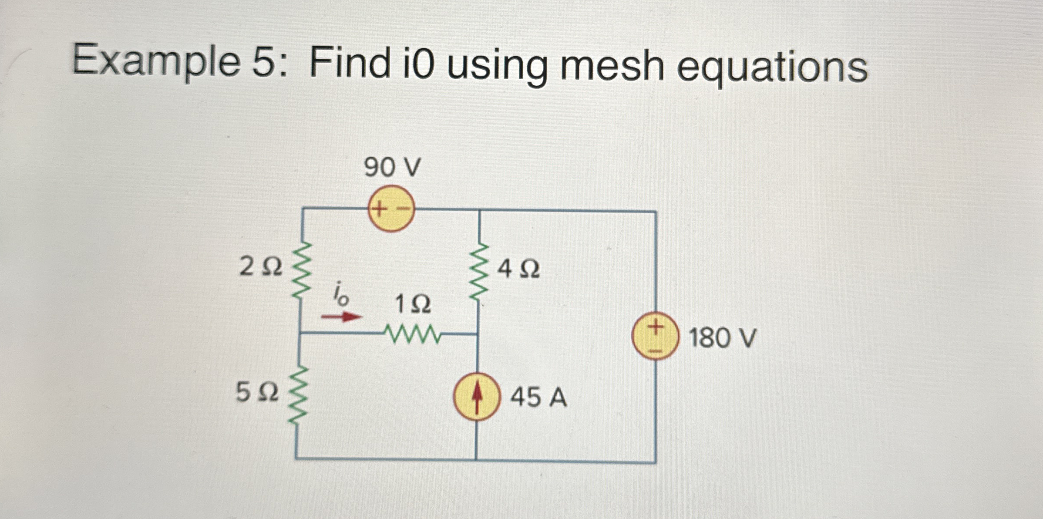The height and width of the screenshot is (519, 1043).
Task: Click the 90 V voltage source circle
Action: coord(391,209)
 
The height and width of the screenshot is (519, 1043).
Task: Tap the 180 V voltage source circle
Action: coord(656,336)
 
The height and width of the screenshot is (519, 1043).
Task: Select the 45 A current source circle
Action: coord(477,397)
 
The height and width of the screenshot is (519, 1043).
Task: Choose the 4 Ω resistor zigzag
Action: coord(479,272)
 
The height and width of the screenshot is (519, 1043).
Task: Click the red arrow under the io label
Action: coord(342,316)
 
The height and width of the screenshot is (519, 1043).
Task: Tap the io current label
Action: coord(340,294)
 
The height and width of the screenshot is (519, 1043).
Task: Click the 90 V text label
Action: coord(392,168)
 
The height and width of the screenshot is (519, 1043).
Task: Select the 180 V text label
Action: coord(723,338)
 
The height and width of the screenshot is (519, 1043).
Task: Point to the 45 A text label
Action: coord(538,398)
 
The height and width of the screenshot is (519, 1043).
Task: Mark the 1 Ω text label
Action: coord(413,304)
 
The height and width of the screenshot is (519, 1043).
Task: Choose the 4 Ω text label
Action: coord(518,269)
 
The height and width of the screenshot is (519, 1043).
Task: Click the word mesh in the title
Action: coord(612,65)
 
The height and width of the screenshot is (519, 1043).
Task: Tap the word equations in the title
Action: coord(772,67)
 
